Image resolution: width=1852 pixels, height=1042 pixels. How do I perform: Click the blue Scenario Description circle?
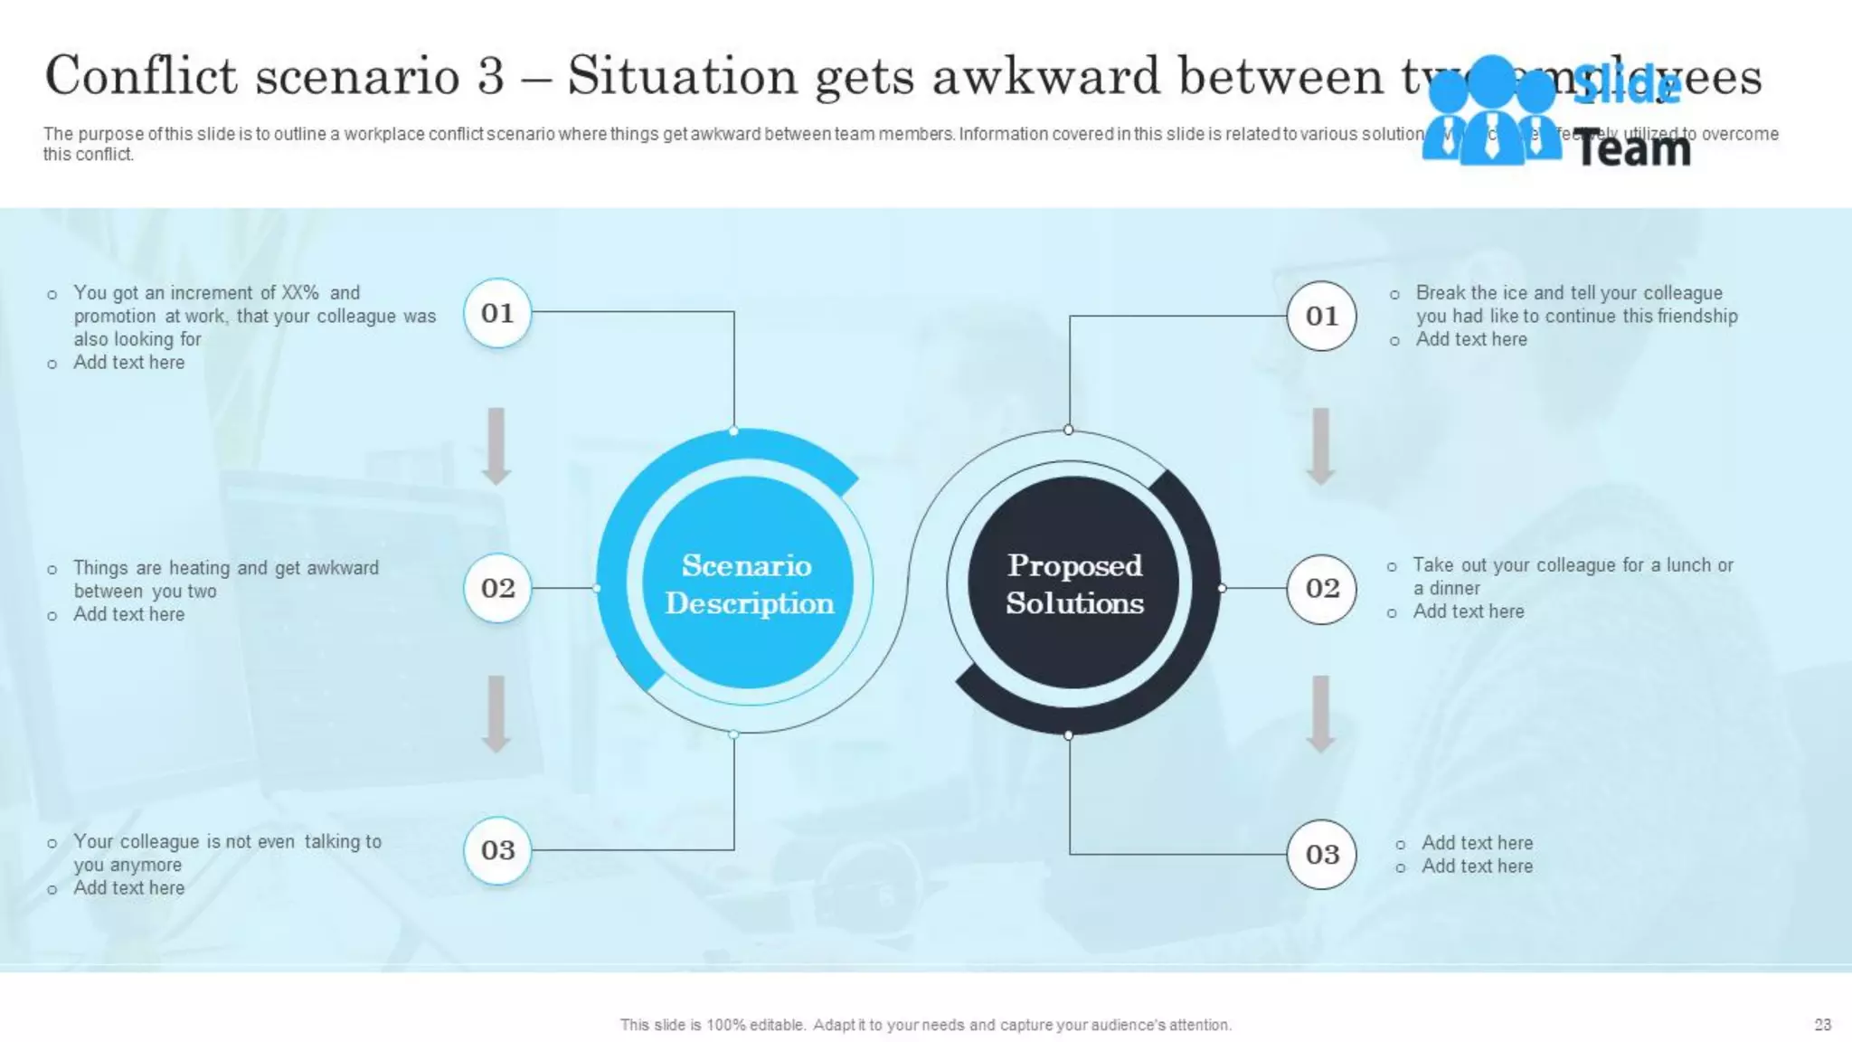point(748,583)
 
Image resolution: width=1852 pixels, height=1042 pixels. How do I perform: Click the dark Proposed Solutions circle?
point(1074,583)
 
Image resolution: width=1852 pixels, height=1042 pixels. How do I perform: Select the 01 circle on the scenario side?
point(497,313)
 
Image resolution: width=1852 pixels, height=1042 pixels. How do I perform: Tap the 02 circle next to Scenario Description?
point(497,588)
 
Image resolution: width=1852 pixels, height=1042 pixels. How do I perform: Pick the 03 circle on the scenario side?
point(497,850)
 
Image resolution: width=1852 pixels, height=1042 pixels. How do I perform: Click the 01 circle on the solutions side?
point(1321,316)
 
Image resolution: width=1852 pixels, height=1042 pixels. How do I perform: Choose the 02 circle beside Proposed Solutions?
point(1321,588)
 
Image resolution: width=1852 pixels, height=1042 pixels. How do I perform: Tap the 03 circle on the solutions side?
point(1321,854)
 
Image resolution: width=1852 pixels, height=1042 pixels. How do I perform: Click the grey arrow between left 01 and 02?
point(496,445)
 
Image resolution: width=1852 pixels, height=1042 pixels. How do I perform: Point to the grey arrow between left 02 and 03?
point(496,713)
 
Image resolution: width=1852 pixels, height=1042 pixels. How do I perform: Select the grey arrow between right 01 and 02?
point(1320,445)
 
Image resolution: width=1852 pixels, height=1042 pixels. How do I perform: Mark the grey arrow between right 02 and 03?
point(1320,713)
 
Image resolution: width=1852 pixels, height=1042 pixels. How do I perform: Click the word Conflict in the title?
point(141,75)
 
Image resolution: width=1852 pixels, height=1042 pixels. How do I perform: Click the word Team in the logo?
point(1633,148)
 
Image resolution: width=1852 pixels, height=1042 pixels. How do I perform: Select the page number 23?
point(1822,1025)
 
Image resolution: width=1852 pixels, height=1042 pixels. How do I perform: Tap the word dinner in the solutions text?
point(1454,588)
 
